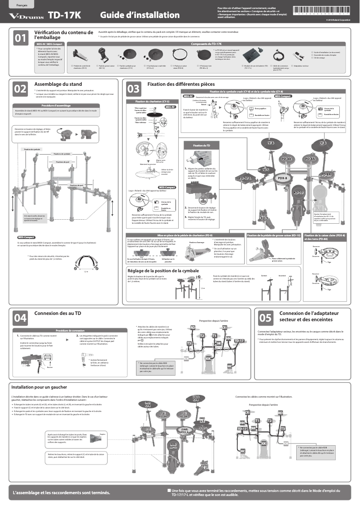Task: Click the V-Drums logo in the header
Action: [26, 16]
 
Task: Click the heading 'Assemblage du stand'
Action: [58, 84]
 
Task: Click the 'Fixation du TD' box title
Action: [202, 146]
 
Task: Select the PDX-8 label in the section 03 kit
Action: [282, 178]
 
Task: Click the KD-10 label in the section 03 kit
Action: [298, 192]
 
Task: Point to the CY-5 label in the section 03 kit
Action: [265, 170]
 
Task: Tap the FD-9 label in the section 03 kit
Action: [264, 218]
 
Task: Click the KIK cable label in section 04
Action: [208, 359]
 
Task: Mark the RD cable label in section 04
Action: [193, 328]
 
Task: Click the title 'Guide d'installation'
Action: [139, 15]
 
